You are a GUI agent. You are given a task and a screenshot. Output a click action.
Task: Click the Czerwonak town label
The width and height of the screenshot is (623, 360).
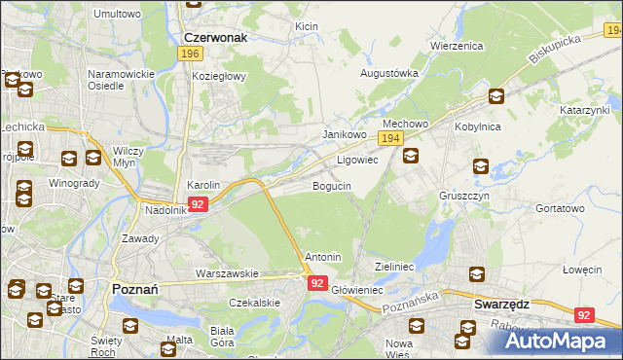coord(215,37)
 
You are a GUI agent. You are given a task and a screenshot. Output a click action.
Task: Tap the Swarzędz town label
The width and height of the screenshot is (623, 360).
coord(501,303)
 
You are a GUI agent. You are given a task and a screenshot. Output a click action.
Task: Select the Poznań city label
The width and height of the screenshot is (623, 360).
coord(129,289)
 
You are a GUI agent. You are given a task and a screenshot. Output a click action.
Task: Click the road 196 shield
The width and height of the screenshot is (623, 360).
coord(190,54)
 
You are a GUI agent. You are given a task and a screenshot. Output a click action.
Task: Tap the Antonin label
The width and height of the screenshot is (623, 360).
coord(323,257)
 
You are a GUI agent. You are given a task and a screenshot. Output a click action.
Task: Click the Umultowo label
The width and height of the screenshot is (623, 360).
coord(117,15)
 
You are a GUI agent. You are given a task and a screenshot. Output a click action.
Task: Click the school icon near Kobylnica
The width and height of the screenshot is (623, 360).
coord(495,96)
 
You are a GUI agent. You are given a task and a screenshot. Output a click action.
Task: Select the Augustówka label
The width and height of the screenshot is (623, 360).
coord(389,73)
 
